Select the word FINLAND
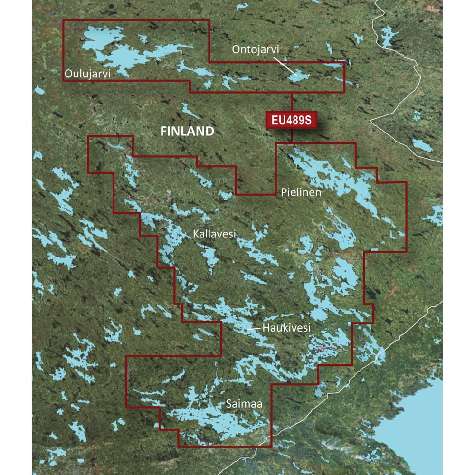point(187,132)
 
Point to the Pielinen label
point(300,192)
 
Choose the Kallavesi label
point(214,233)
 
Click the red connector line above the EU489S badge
point(292,102)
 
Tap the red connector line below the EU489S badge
point(292,136)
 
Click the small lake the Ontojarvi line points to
point(298,76)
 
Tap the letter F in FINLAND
point(163,132)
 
